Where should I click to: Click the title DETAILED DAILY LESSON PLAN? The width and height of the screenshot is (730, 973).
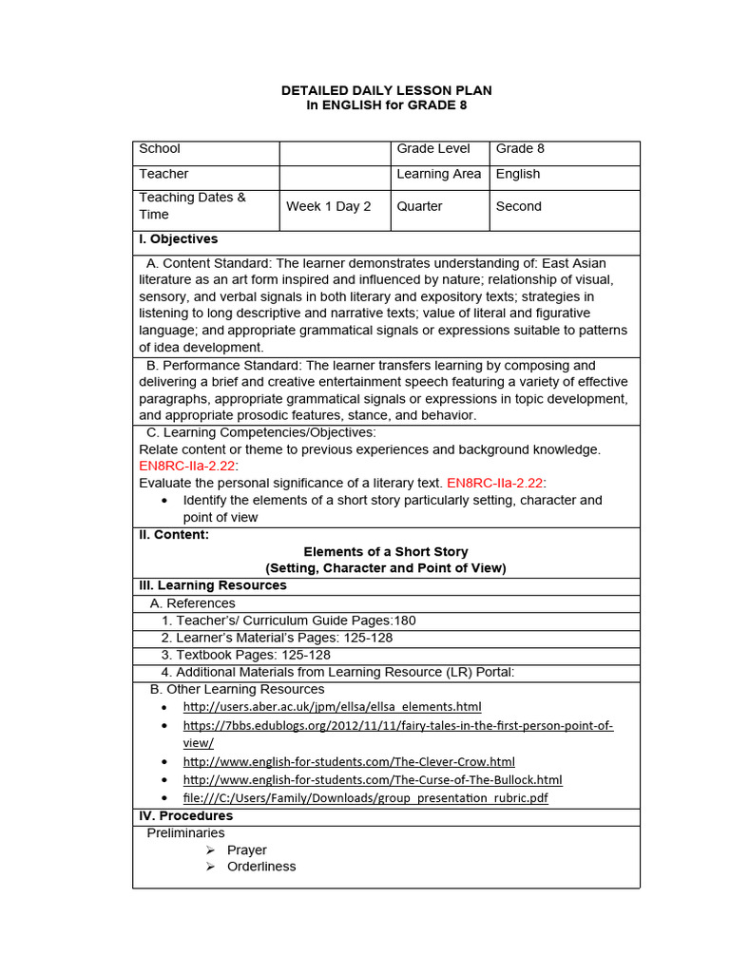(386, 90)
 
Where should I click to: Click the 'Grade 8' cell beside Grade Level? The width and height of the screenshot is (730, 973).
(520, 149)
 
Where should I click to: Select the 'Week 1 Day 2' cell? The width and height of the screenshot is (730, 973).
(328, 206)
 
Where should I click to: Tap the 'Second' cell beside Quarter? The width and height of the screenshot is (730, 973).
(519, 206)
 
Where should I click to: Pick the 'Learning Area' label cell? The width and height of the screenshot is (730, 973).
(438, 174)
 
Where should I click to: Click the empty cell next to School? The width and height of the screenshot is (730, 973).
(335, 152)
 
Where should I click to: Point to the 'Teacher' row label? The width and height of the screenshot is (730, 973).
(163, 174)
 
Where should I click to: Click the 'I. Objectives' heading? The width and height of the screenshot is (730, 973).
(179, 239)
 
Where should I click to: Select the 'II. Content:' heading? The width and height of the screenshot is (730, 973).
(174, 535)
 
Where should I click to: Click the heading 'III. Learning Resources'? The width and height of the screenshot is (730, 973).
(213, 585)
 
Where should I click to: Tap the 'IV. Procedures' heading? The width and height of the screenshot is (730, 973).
(186, 816)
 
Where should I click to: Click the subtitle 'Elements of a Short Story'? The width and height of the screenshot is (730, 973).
(385, 552)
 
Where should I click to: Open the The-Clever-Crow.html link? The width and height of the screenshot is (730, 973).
(349, 762)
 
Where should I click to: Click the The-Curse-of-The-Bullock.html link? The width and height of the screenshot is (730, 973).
(373, 780)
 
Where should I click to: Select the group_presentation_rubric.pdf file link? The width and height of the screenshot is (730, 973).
(365, 798)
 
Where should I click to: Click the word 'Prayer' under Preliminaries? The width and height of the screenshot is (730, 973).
(247, 850)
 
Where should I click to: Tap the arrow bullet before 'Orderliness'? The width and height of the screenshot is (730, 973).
(211, 867)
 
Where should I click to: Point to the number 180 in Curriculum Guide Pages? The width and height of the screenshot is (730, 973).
(405, 620)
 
